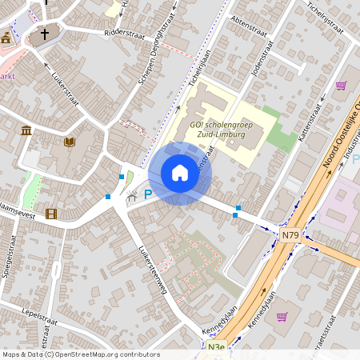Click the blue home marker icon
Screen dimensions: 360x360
(x=179, y=173)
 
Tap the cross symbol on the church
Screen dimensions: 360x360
(x=45, y=34)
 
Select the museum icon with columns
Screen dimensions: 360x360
(x=26, y=130)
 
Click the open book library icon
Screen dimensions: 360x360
(x=69, y=142)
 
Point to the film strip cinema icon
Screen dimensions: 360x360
(x=51, y=213)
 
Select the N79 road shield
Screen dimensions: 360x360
(x=290, y=235)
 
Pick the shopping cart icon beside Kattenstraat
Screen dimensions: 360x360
(x=342, y=86)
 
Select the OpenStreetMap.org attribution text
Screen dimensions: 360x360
(x=104, y=354)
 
